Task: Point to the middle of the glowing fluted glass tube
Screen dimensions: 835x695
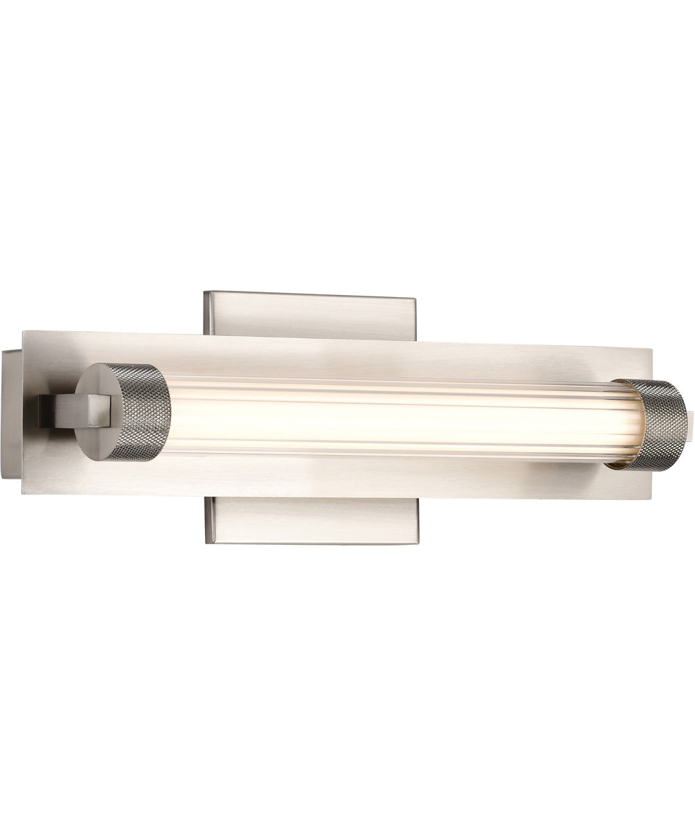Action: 389,417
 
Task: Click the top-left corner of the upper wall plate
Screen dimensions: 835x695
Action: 203,292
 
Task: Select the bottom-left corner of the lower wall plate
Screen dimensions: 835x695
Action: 204,541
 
